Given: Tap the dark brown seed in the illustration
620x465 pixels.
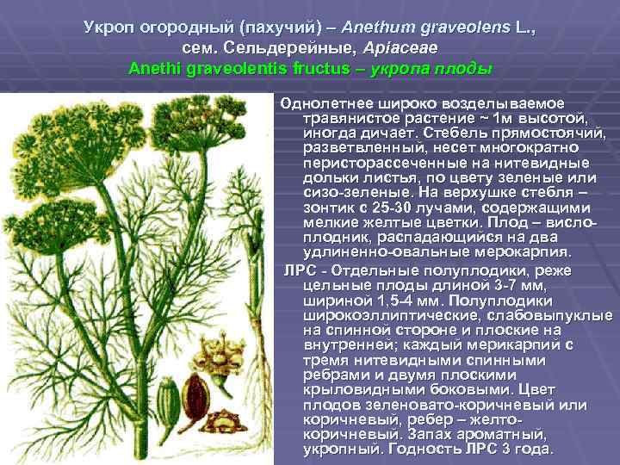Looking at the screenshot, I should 194,392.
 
